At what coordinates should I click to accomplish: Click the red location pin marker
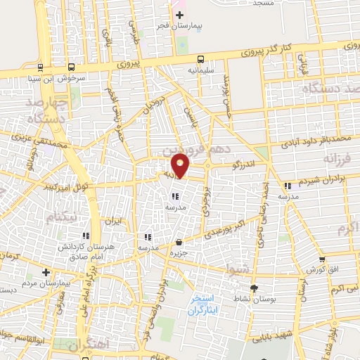pyautogui.click(x=181, y=165)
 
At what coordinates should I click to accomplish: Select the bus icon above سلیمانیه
pyautogui.click(x=201, y=60)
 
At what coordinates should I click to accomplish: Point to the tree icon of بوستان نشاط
pyautogui.click(x=255, y=288)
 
